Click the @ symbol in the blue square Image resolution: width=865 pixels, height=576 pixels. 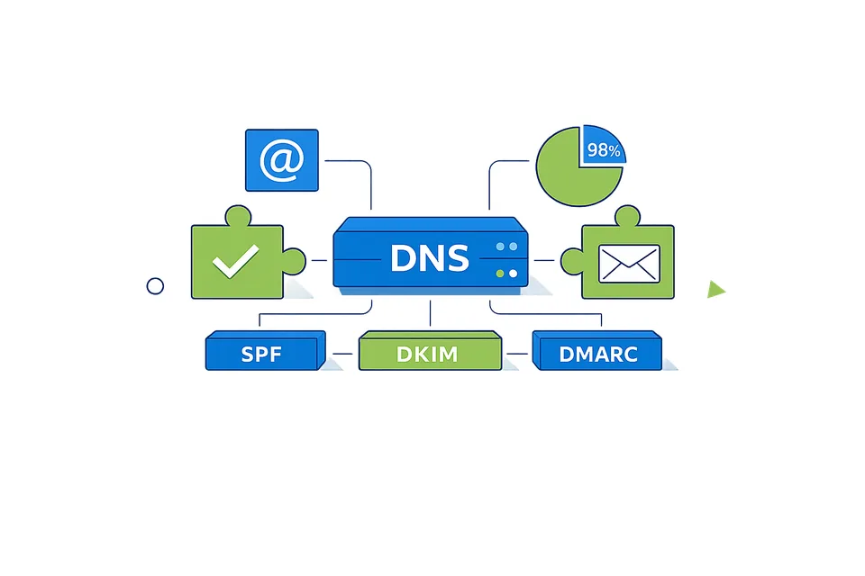click(x=281, y=160)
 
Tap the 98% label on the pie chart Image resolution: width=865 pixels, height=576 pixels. click(x=603, y=150)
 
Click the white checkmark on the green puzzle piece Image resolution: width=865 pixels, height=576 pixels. click(x=234, y=262)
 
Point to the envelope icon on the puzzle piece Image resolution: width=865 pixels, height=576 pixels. click(x=629, y=263)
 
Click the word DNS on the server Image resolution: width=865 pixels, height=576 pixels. click(x=430, y=259)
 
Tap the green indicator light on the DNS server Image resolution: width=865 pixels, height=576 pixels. click(x=500, y=273)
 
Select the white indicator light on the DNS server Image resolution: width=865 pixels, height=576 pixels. click(x=514, y=273)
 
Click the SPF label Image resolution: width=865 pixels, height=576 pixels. click(x=261, y=354)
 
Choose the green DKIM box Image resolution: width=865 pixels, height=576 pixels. click(x=428, y=354)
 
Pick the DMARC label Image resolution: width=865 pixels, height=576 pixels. click(x=597, y=354)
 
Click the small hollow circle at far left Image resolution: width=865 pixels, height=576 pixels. click(x=155, y=286)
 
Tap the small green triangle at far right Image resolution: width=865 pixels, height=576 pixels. click(x=715, y=289)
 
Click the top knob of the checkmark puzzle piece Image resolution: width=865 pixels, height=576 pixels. click(x=238, y=216)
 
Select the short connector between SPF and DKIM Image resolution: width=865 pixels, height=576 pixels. click(x=341, y=353)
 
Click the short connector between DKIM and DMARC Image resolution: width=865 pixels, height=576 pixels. click(x=516, y=353)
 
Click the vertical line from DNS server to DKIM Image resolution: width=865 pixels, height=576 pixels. click(x=430, y=312)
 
